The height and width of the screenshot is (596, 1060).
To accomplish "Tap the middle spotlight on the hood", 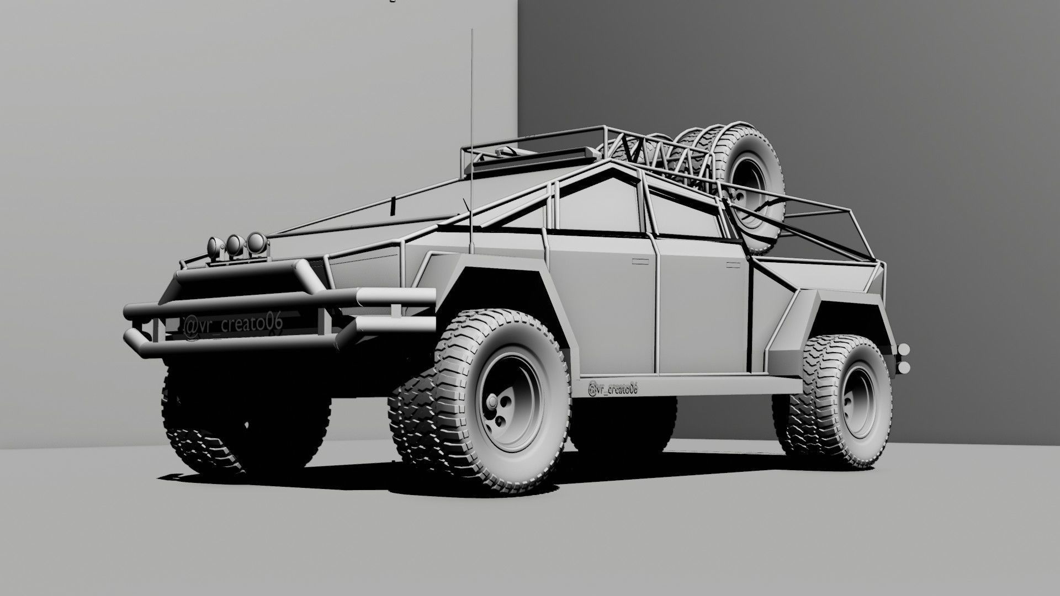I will click(235, 244).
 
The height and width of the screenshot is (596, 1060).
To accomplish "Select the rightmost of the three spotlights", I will click(256, 242).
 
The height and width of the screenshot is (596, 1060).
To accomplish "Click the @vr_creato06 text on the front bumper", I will click(232, 326).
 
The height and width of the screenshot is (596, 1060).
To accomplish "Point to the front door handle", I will click(642, 258).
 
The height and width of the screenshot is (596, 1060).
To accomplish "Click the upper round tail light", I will click(904, 349).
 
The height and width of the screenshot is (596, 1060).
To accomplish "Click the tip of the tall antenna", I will click(472, 30).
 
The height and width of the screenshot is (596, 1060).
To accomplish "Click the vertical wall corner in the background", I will click(518, 66).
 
